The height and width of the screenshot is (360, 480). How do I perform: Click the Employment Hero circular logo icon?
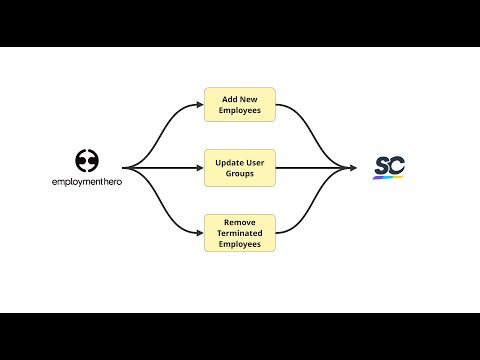(x=87, y=160)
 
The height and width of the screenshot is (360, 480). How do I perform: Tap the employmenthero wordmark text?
(x=87, y=183)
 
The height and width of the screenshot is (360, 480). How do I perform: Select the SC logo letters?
(x=388, y=165)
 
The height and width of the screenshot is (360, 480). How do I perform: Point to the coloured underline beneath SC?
(x=388, y=178)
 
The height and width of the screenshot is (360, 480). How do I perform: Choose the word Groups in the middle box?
(x=240, y=174)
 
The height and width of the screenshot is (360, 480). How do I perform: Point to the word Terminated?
(x=240, y=231)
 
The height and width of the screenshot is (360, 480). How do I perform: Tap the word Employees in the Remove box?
(x=240, y=243)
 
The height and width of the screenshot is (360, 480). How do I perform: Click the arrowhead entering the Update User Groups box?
(x=200, y=168)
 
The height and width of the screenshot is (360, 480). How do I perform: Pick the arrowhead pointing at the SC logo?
(x=353, y=168)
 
